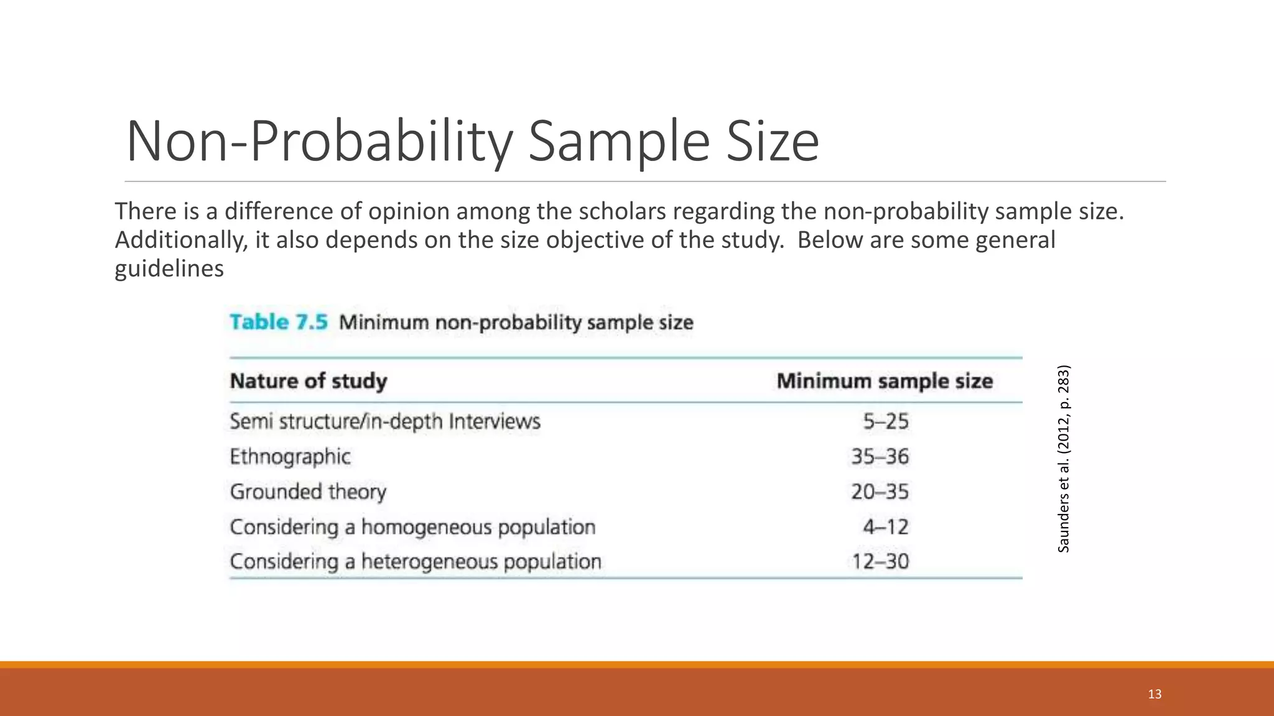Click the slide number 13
point(1155,694)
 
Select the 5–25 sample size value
point(885,421)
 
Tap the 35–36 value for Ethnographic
point(880,457)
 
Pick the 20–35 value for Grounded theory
point(880,492)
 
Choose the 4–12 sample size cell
point(885,527)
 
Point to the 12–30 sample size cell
point(880,562)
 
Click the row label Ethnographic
point(290,457)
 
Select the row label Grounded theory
point(308,492)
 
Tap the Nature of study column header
point(309,380)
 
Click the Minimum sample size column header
point(885,380)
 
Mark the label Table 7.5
point(278,322)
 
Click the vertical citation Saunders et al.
point(1064,458)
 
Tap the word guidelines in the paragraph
point(169,268)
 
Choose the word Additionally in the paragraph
point(181,240)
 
